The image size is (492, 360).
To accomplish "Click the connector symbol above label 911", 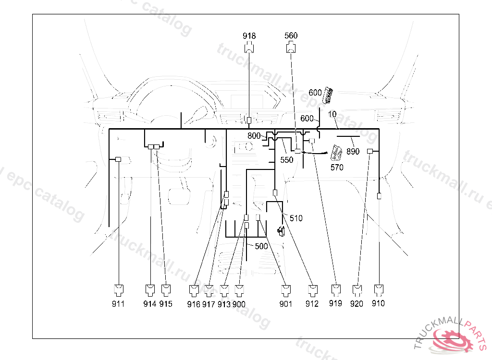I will (118, 289).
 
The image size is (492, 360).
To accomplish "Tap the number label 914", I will (150, 304).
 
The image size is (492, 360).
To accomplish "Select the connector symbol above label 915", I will (166, 289).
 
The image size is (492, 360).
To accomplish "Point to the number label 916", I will (194, 304).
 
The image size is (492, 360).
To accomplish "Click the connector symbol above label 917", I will (209, 289).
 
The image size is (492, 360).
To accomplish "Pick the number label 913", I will (224, 304).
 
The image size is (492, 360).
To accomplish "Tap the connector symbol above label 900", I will (240, 289).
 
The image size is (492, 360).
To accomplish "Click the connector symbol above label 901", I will (286, 289).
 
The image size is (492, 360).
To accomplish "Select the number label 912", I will (312, 304).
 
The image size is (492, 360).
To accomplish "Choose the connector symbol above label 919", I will (336, 289).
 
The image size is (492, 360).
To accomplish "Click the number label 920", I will (357, 304).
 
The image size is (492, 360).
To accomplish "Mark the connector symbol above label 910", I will (379, 289).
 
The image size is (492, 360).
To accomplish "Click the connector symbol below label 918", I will (249, 48).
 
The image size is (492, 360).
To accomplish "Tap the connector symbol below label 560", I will (291, 48).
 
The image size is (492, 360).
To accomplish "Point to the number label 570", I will (337, 168).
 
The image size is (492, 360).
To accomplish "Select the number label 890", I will (353, 152).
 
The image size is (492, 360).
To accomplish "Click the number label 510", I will (296, 218).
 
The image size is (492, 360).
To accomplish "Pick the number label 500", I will (261, 246).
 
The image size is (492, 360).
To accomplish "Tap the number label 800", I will (254, 136).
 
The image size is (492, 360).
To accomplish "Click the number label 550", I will (286, 160).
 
